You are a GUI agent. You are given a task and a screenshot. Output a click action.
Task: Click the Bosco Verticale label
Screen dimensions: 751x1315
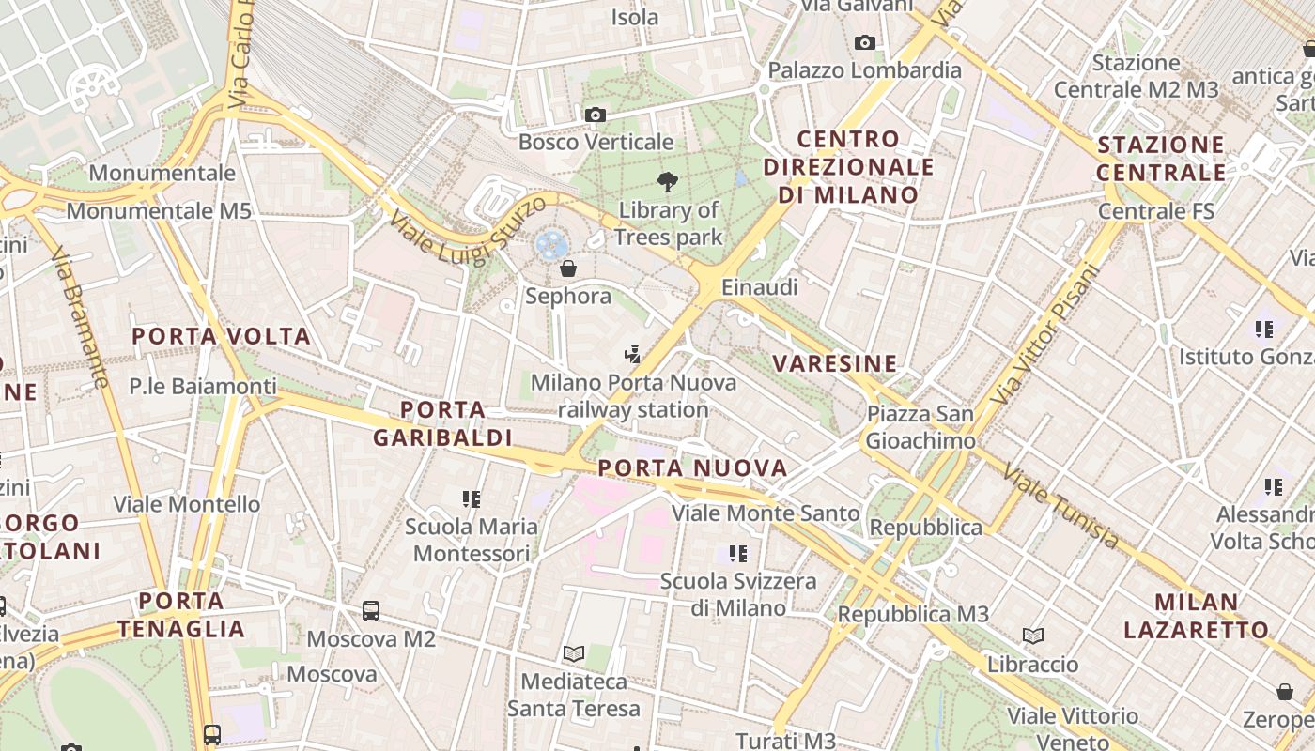point(596,143)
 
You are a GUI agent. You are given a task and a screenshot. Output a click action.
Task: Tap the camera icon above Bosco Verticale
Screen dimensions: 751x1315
point(596,115)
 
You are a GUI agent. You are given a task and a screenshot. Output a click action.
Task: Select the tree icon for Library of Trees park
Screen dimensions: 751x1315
point(668,181)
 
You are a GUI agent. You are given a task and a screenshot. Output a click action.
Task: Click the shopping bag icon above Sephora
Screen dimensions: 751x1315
point(568,269)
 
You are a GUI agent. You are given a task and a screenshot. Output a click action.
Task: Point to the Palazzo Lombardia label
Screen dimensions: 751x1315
point(864,70)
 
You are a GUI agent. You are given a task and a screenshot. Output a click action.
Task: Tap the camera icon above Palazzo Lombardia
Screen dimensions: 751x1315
point(865,42)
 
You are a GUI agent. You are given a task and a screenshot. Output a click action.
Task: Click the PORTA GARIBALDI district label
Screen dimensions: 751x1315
point(442,423)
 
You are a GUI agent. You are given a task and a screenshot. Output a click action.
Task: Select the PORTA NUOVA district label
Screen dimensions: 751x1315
point(692,467)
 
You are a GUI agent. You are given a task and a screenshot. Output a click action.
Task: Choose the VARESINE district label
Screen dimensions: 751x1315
point(834,363)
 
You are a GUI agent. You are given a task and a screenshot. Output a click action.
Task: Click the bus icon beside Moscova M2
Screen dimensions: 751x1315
point(371,611)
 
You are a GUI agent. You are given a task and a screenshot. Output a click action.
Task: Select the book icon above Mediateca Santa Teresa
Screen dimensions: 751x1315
point(574,653)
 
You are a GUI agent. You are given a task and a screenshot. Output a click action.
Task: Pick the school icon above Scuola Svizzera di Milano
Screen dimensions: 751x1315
point(738,554)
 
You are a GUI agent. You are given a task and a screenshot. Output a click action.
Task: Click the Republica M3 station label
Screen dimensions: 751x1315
point(913,615)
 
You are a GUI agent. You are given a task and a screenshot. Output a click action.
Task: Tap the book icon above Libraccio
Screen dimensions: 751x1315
point(1033,636)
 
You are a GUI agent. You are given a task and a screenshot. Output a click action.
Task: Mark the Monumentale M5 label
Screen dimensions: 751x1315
point(159,211)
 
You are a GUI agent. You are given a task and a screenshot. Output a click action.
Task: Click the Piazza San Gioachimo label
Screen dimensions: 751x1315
point(920,427)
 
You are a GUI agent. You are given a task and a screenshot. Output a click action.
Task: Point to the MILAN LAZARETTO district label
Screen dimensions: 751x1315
point(1196,616)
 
